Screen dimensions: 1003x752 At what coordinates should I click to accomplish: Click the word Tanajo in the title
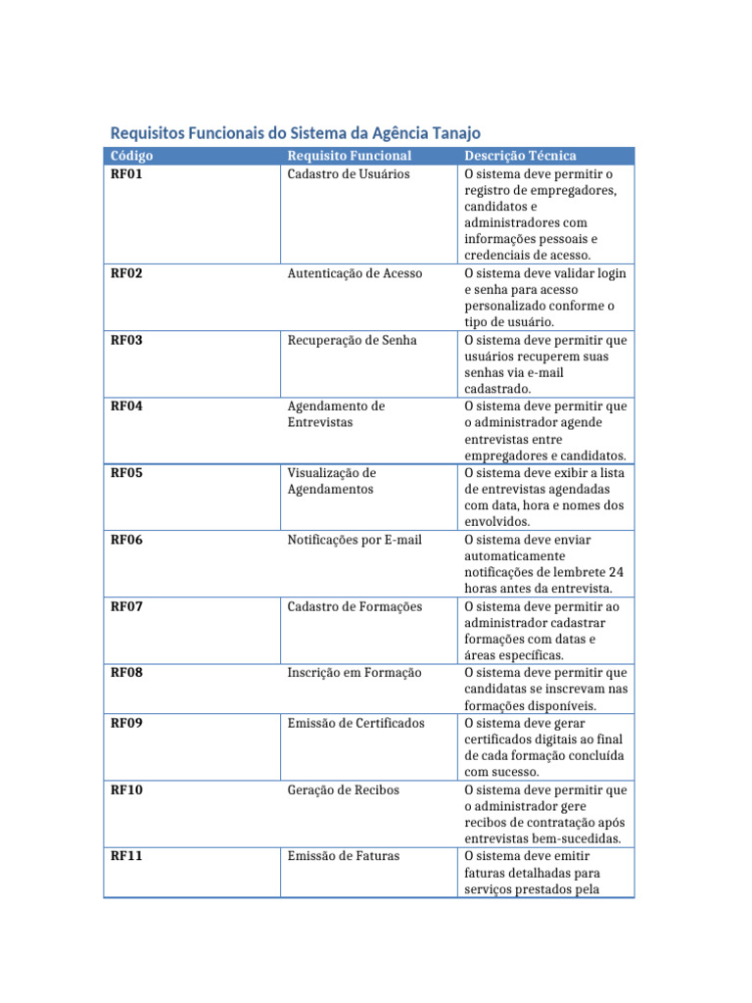pos(453,133)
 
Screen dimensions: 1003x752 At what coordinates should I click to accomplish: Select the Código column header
pos(131,156)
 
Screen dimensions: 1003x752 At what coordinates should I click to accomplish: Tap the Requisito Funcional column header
pos(350,156)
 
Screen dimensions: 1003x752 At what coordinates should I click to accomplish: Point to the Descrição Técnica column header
pos(520,156)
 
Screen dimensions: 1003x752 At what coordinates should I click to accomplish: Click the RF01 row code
pos(126,173)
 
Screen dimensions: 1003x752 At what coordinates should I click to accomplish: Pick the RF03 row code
pos(126,340)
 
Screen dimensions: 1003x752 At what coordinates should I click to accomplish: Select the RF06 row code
pos(126,540)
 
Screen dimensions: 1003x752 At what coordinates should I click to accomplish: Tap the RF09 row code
pos(126,723)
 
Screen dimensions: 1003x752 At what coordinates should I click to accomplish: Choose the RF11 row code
pos(126,856)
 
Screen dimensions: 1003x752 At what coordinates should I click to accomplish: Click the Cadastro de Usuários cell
pos(348,173)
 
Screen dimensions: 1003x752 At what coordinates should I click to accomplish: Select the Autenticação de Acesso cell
pos(354,273)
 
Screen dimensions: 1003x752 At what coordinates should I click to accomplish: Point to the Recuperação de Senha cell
pos(352,340)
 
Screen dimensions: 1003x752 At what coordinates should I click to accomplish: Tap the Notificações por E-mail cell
pos(354,540)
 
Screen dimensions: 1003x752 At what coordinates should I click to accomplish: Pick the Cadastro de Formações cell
pos(354,606)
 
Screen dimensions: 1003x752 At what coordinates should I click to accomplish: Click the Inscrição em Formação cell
pos(354,673)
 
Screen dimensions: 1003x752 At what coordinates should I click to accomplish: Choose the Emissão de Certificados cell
pos(355,723)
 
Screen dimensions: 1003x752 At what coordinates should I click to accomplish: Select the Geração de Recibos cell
pos(343,789)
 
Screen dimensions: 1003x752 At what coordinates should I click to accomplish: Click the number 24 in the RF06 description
pos(615,572)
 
